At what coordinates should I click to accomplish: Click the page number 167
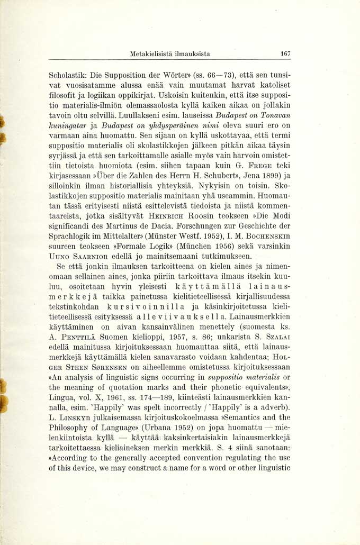[285, 54]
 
